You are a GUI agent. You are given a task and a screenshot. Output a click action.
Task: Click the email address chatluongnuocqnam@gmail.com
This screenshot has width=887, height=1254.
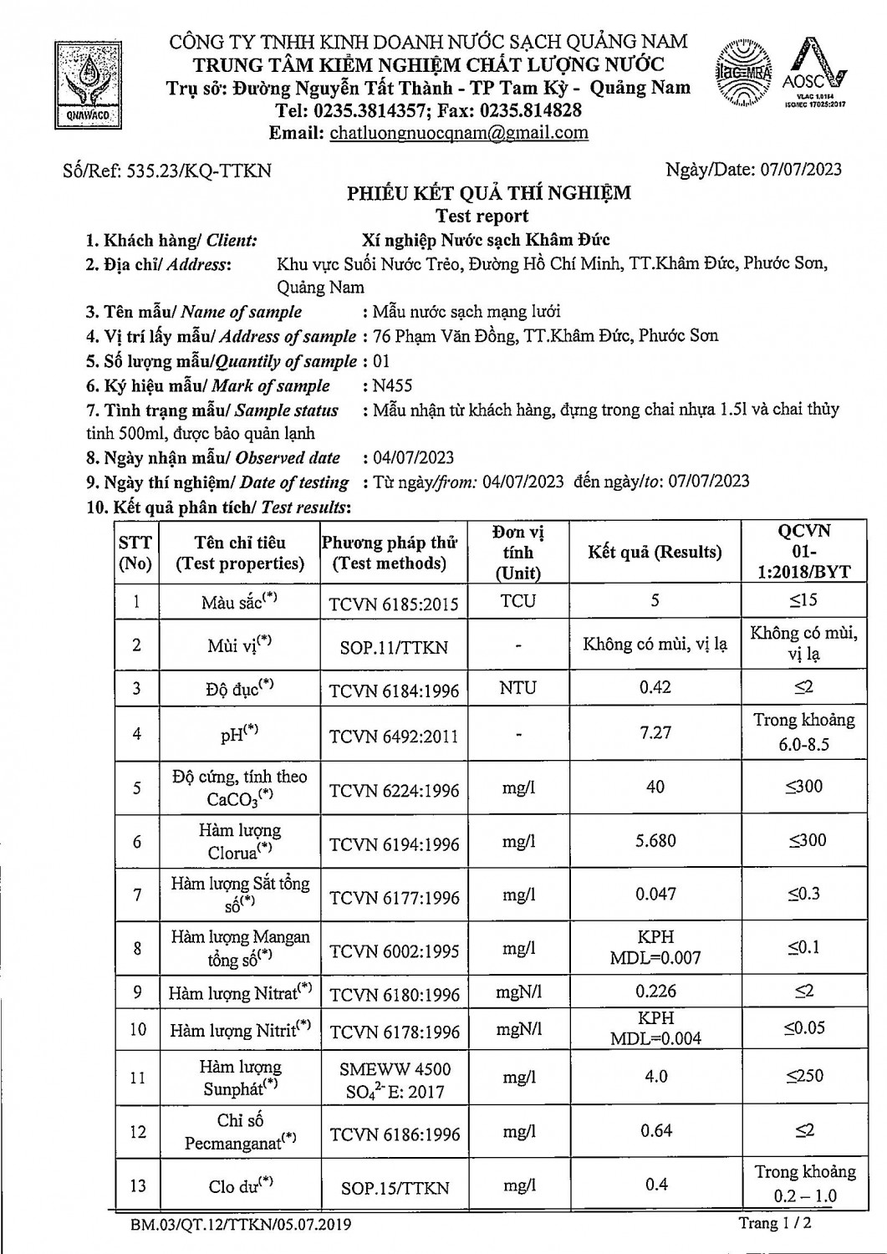pos(459,133)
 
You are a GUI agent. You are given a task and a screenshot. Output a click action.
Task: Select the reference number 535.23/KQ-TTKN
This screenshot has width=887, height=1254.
pos(199,171)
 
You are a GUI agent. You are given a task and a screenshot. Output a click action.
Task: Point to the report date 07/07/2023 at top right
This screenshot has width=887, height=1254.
pos(801,170)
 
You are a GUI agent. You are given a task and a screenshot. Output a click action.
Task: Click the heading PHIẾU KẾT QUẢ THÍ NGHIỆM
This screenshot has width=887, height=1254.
pos(489,194)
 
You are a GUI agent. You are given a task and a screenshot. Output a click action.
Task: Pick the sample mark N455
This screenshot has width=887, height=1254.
pos(392,386)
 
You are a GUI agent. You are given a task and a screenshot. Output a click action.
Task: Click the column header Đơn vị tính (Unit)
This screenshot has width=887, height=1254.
pos(518,553)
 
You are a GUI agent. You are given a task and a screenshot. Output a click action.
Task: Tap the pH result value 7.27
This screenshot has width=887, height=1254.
pos(655,732)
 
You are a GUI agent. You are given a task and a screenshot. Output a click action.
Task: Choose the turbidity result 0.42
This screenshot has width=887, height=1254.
pos(655,687)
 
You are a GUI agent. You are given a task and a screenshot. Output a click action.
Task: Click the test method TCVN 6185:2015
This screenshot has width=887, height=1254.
pos(394,604)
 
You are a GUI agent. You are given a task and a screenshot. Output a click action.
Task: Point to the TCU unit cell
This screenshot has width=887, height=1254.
pos(518,601)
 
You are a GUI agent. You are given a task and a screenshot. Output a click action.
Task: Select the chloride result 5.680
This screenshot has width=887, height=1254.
pos(655,841)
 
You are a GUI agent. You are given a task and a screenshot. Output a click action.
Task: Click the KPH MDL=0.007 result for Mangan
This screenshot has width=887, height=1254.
pos(655,947)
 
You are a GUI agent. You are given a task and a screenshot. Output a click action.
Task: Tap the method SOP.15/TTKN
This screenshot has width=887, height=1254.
pos(395,1188)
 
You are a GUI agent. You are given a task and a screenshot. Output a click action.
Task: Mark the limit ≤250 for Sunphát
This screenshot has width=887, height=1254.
pos(803,1076)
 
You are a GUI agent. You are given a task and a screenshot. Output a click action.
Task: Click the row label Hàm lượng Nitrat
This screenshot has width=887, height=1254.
pos(240,993)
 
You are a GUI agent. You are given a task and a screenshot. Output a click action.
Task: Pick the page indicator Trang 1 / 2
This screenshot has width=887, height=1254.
pos(775,1224)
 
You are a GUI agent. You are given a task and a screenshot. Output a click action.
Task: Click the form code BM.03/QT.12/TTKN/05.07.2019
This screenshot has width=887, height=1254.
pos(241,1226)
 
